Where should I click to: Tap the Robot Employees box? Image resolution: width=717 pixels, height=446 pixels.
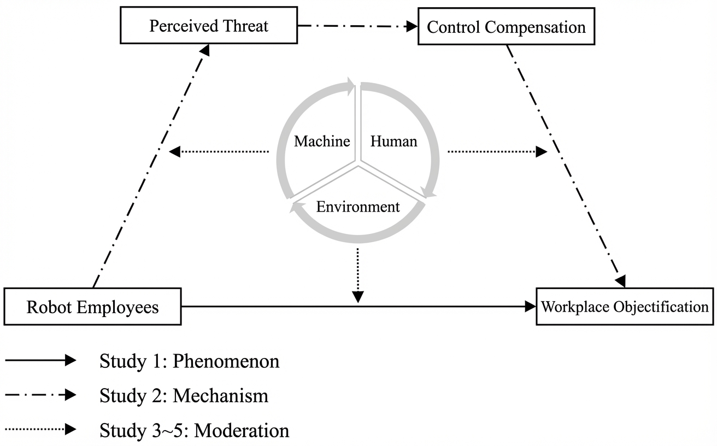coord(92,307)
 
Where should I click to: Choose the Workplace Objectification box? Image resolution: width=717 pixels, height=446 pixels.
coord(625,307)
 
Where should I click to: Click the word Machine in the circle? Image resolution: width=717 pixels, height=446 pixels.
coord(322,142)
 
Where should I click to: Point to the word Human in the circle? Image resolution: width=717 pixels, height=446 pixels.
coord(393,142)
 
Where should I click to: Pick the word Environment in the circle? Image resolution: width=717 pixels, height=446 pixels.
coord(358,207)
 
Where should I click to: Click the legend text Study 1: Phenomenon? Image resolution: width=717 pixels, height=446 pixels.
coord(189,361)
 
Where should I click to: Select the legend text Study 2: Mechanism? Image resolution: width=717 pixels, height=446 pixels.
coord(184,396)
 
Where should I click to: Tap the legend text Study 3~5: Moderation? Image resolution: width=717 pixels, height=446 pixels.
coord(194,431)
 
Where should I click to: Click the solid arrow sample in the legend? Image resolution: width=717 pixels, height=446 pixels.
coord(40,360)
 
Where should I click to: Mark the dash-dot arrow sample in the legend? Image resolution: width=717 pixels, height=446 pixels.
coord(40,395)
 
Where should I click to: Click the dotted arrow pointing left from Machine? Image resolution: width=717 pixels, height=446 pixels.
coord(219,151)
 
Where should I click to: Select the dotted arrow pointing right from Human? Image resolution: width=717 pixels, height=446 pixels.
coord(497,151)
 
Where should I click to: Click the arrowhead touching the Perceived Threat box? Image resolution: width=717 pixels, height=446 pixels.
coord(204,50)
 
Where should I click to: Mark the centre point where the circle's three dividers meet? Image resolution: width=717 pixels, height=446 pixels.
coord(358,162)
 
